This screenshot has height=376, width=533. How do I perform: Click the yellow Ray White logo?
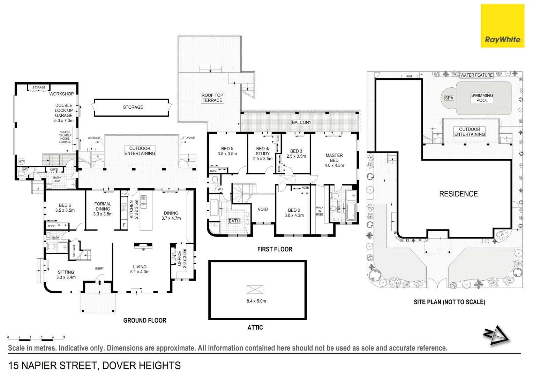[502, 26]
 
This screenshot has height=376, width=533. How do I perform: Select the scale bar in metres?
[36, 337]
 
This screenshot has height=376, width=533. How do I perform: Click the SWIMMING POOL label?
[482, 98]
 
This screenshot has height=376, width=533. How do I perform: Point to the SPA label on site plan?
[449, 98]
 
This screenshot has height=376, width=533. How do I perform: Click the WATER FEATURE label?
[476, 75]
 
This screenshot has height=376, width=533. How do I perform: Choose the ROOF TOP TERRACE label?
[212, 97]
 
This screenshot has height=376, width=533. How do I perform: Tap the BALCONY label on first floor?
[302, 122]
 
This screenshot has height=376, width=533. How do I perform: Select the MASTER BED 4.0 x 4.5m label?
[334, 160]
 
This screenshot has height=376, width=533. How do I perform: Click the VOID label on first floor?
[263, 210]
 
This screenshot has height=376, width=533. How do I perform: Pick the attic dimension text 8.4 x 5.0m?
[256, 301]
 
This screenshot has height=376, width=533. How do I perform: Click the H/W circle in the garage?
[21, 162]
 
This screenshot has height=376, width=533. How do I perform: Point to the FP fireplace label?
[143, 250]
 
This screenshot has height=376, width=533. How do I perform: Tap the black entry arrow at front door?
[100, 282]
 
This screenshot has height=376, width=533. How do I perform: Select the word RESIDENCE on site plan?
[458, 194]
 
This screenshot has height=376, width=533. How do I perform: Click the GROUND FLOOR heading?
[145, 320]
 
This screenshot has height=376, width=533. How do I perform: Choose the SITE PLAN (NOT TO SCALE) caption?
[449, 302]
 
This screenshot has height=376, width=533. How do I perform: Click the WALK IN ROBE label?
[320, 211]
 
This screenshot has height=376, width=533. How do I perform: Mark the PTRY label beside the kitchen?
[125, 194]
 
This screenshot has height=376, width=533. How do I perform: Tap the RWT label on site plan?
[409, 77]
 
